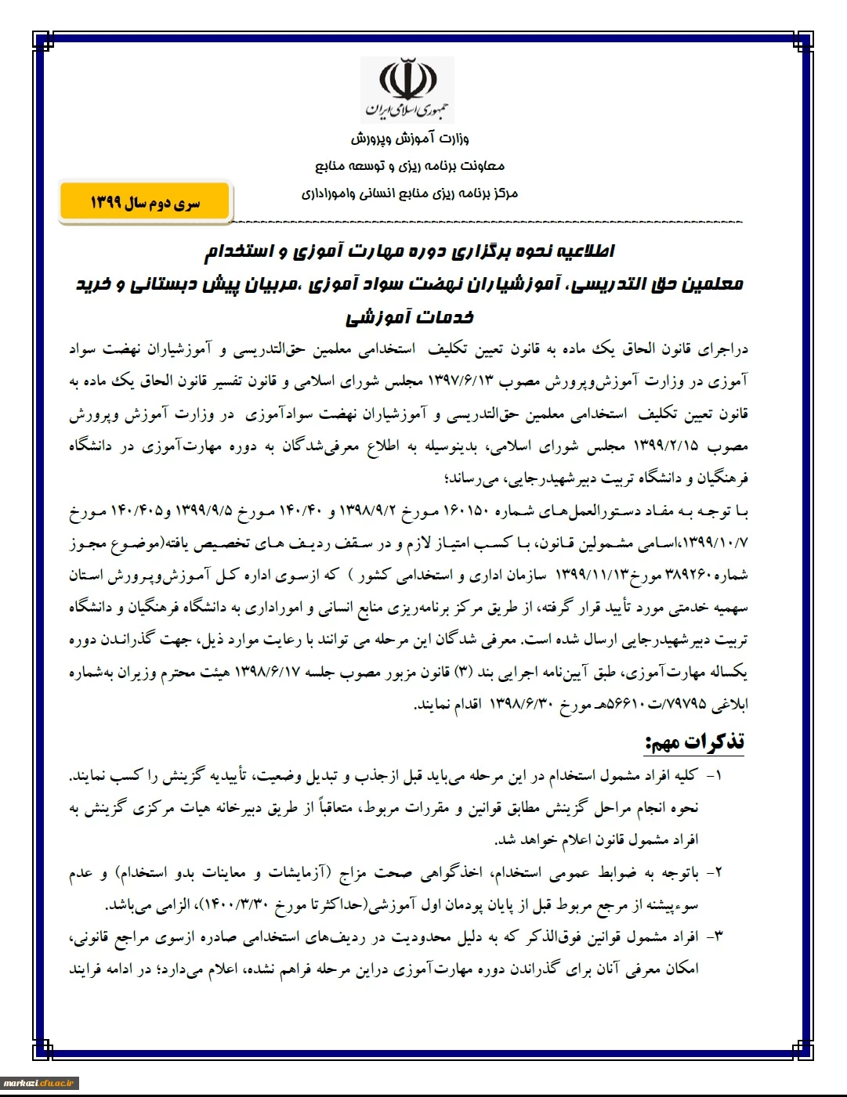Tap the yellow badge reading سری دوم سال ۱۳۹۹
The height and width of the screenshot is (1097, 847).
point(145,203)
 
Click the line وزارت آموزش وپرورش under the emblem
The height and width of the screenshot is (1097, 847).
point(409,139)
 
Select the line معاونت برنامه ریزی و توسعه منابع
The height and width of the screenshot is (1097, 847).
point(410,166)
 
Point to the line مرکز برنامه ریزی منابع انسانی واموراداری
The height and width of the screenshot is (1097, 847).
point(409,193)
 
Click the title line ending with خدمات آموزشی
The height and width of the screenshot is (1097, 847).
point(409,317)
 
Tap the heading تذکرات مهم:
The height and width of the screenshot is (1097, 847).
point(694,742)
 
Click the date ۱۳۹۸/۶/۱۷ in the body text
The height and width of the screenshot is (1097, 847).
point(267,673)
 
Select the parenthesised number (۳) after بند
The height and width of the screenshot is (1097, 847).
point(462,673)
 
